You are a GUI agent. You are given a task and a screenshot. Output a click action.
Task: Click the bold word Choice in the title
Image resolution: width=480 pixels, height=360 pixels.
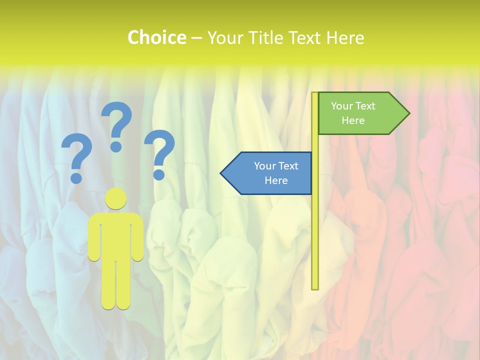[x=156, y=37]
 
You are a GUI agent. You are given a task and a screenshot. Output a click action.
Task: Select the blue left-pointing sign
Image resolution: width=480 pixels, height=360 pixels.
[x=272, y=173]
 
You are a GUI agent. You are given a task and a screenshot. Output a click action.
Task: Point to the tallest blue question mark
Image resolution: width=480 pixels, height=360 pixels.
[x=118, y=122]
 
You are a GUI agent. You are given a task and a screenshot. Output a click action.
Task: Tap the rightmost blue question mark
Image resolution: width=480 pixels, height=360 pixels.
[x=159, y=150]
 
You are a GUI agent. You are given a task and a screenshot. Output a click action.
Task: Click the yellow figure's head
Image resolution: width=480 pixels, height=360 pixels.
[x=116, y=198]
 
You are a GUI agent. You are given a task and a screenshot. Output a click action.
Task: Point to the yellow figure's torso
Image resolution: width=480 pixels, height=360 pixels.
[x=116, y=235]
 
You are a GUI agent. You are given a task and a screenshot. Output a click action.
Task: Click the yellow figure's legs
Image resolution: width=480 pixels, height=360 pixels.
[x=116, y=285]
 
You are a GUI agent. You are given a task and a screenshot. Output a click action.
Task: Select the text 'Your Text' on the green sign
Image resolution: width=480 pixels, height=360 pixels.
[x=353, y=106]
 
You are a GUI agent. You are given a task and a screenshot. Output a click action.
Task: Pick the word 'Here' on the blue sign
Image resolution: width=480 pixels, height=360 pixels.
[x=276, y=180]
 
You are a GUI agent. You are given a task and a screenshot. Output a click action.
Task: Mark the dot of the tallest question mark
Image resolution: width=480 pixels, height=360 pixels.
[x=116, y=146]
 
